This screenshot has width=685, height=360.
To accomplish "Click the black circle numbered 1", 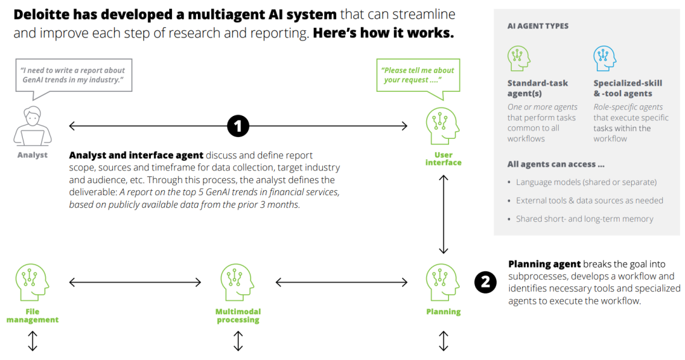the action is (x=238, y=126).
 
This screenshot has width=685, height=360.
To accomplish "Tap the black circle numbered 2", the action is (x=485, y=282).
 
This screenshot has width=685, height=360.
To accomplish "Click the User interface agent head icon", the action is (x=443, y=126).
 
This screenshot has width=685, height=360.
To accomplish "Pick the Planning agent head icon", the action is (x=443, y=282).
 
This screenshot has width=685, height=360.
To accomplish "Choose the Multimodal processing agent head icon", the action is (x=237, y=282).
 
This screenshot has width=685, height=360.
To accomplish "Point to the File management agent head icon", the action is (x=32, y=282).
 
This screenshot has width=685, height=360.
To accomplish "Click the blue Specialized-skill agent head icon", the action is (x=604, y=58).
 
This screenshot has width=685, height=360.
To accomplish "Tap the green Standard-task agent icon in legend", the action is (x=519, y=58).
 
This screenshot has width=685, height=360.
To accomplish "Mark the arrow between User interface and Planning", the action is (x=443, y=214).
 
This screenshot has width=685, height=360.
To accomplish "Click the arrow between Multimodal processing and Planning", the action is (x=342, y=282).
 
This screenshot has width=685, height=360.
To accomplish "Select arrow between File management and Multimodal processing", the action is (x=135, y=282).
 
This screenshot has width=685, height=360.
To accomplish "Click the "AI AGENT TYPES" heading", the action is (x=538, y=26).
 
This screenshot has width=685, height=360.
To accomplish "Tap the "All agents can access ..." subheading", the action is (x=556, y=165).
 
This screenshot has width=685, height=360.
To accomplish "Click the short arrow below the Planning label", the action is (x=443, y=341).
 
